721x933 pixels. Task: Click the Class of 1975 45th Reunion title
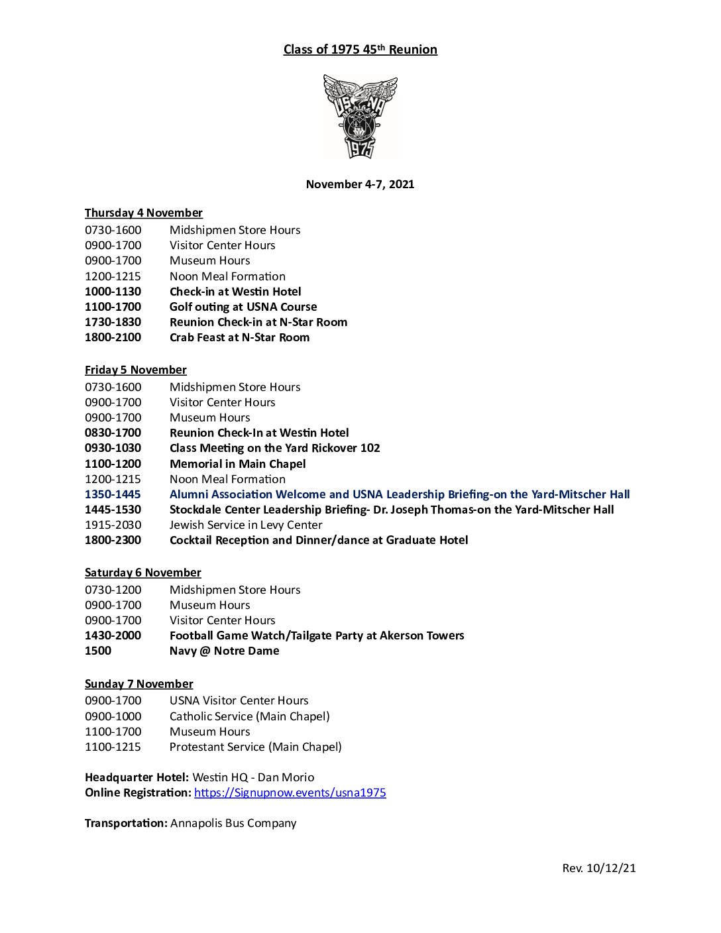tap(360, 50)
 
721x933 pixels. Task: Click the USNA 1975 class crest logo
tap(360, 117)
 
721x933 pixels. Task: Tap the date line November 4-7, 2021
tap(360, 184)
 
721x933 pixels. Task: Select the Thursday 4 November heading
tap(143, 213)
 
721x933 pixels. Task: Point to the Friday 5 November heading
tap(135, 370)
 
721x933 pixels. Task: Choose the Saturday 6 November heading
tap(142, 573)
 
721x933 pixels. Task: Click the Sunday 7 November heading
tap(139, 684)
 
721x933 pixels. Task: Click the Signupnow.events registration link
tap(290, 793)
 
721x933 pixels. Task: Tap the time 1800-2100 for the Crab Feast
tap(113, 337)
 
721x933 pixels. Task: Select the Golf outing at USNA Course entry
tap(243, 307)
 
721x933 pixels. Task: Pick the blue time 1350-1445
tap(113, 494)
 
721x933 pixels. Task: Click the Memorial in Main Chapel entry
tap(237, 464)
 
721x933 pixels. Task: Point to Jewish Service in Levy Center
tap(246, 525)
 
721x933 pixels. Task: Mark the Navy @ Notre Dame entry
tap(224, 651)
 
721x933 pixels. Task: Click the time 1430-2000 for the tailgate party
tap(113, 635)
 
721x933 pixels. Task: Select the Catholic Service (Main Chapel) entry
tap(249, 716)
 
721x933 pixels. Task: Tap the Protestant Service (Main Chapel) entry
tap(255, 747)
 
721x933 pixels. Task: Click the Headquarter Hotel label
tap(137, 777)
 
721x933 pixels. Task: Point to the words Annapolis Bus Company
tap(233, 823)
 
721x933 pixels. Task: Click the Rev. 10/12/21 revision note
tap(598, 868)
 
